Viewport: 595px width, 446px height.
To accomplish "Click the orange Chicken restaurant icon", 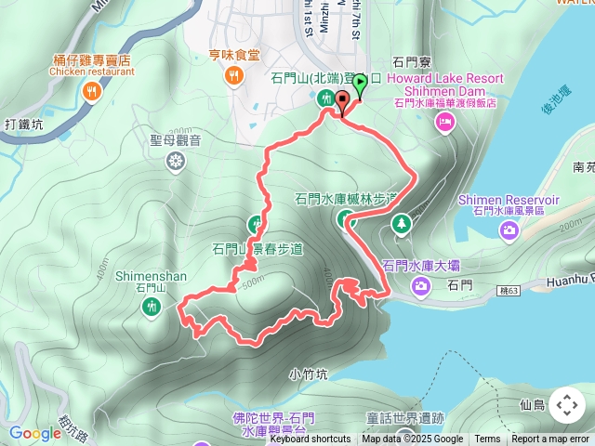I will tap(91, 91).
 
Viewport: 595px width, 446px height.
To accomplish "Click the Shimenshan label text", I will tap(152, 276).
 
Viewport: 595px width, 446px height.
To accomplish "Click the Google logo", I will tap(34, 433).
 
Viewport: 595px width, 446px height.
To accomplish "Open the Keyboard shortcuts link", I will tap(310, 439).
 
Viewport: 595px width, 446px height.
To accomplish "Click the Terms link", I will tap(487, 439).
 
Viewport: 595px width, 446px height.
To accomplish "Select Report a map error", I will tap(550, 439).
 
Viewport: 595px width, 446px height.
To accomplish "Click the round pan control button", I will tap(567, 406).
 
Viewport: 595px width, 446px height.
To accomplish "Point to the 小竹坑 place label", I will tap(308, 375).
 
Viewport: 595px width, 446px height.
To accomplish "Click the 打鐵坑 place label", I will tap(23, 124).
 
